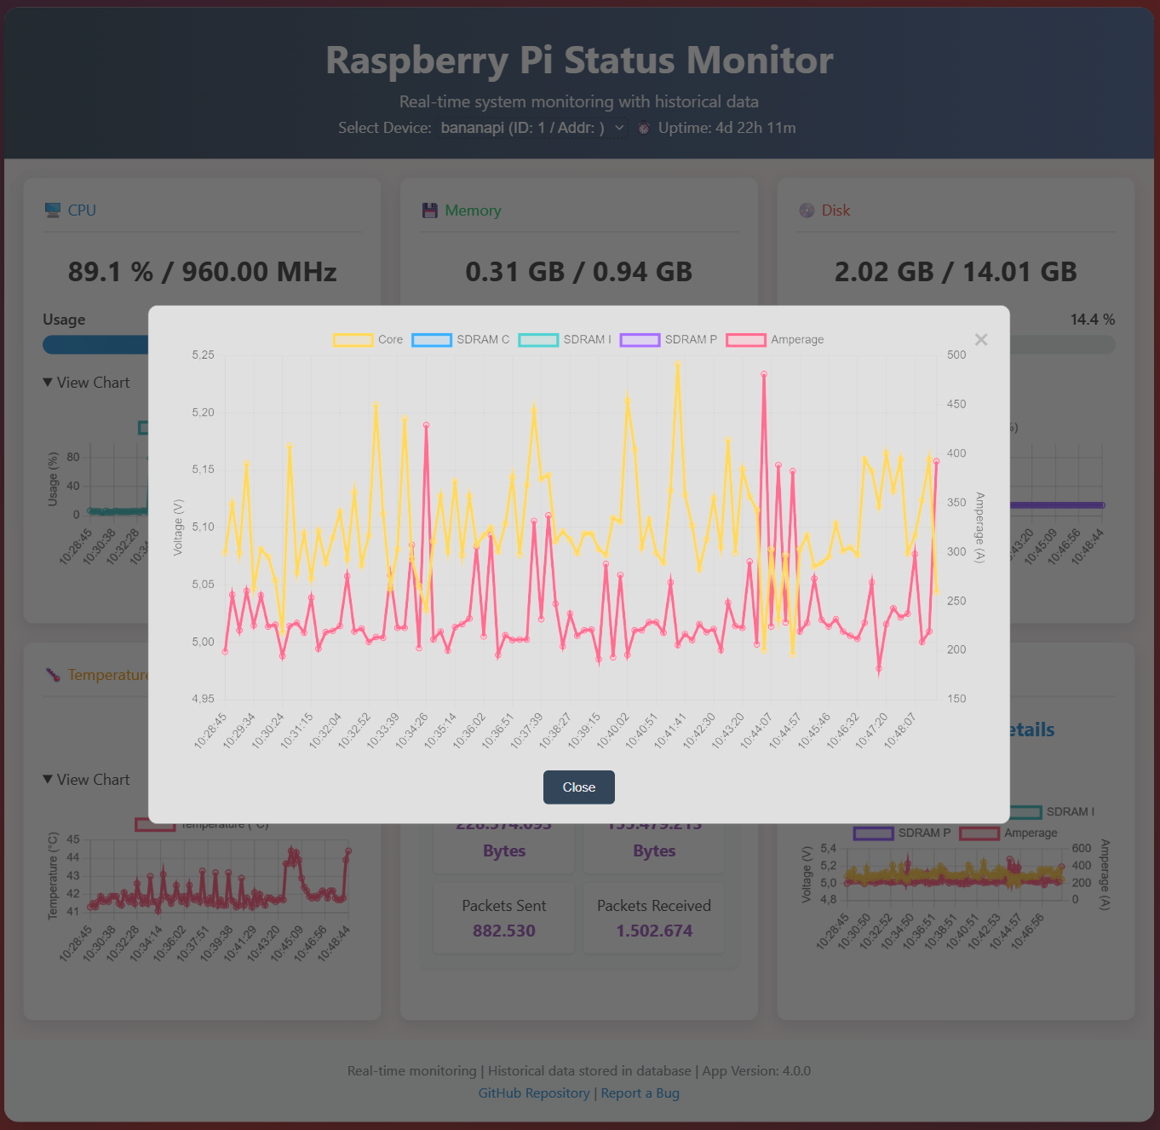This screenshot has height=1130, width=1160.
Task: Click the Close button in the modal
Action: (x=578, y=787)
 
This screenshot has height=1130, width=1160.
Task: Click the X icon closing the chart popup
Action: (x=981, y=340)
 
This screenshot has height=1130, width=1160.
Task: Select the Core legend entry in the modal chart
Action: (x=368, y=340)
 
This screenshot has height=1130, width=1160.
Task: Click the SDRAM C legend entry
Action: (x=461, y=340)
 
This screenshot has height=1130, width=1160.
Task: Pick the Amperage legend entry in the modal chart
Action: (x=775, y=340)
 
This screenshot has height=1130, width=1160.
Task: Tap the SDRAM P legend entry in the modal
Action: (x=669, y=340)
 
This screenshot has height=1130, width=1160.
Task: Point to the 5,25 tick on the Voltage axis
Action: (x=203, y=355)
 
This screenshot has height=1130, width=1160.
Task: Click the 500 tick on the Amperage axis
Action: (x=956, y=355)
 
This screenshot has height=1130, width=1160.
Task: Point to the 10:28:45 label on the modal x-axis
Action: (x=210, y=731)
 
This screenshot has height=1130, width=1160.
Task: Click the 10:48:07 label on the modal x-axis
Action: (x=900, y=731)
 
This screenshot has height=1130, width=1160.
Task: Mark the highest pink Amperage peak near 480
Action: (x=764, y=374)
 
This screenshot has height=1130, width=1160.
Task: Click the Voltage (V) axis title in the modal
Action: (x=178, y=528)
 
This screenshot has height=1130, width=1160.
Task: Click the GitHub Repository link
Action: (x=534, y=1093)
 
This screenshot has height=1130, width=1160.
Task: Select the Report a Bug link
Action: (x=640, y=1093)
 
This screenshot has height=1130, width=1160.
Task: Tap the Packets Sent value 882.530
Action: (x=504, y=931)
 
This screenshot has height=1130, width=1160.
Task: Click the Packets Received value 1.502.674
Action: (x=654, y=931)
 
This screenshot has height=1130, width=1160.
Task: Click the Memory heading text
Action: (x=473, y=210)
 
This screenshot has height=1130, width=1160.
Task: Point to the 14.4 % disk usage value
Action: (x=1092, y=320)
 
